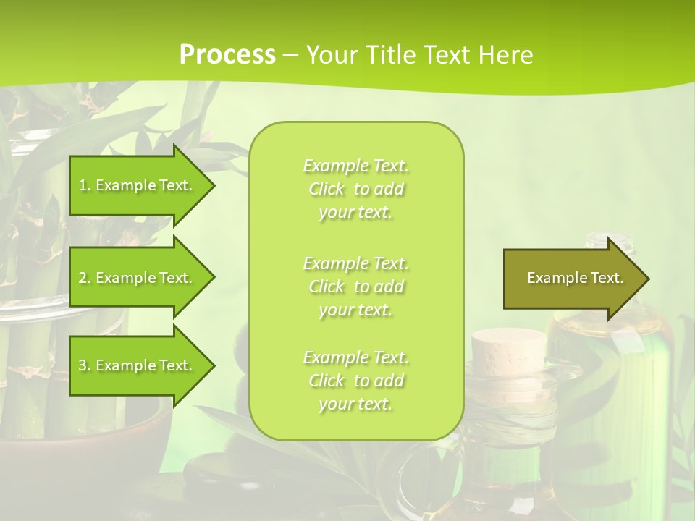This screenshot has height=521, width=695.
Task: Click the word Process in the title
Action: pyautogui.click(x=227, y=54)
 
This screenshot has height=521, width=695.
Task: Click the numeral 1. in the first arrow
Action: pyautogui.click(x=84, y=185)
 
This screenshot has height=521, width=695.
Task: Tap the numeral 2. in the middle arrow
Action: pyautogui.click(x=84, y=278)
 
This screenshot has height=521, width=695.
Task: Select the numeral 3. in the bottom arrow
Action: pyautogui.click(x=84, y=365)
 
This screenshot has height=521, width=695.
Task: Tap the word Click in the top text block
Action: pyautogui.click(x=327, y=190)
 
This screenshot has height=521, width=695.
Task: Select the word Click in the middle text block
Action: pyautogui.click(x=327, y=287)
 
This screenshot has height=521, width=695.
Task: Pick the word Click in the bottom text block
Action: pyautogui.click(x=327, y=381)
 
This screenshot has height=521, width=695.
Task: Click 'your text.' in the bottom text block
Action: pyautogui.click(x=355, y=404)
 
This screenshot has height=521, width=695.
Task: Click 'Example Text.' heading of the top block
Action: pyautogui.click(x=355, y=166)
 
